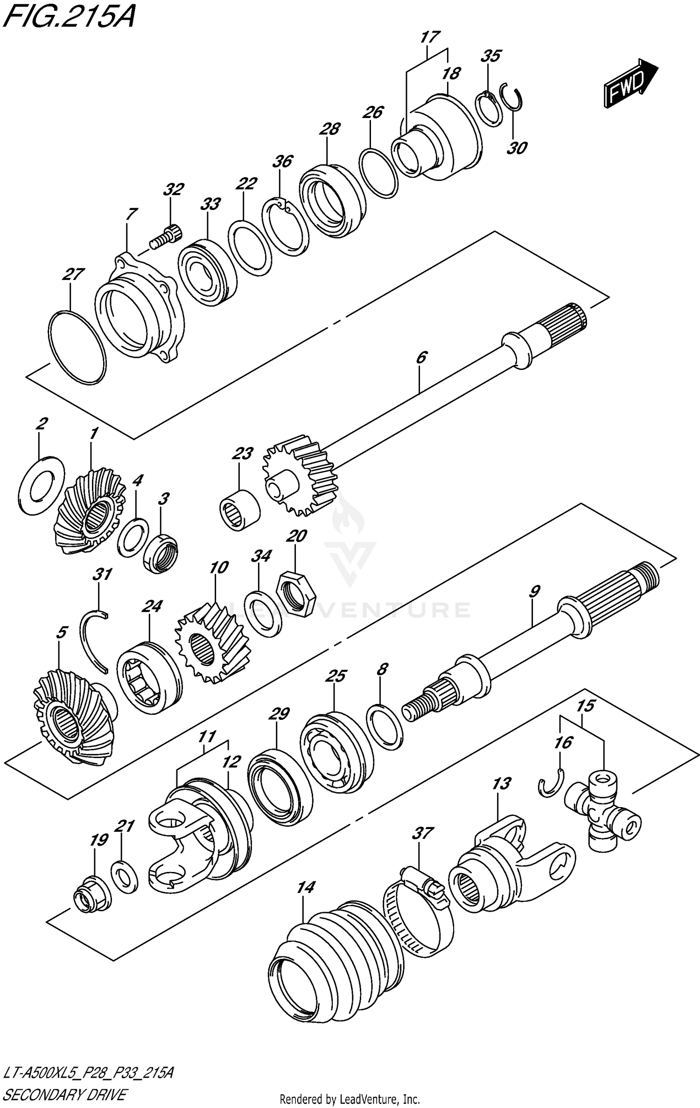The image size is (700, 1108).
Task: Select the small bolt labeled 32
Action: coord(167,235)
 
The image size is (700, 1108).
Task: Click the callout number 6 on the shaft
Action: coord(420,358)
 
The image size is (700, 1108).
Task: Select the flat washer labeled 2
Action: coord(42,485)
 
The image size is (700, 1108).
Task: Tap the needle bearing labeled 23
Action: coord(240,509)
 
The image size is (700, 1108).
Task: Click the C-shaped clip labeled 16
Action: coord(552,788)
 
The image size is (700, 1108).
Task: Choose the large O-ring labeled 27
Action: coord(77,347)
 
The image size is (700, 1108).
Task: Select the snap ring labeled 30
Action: coord(514,98)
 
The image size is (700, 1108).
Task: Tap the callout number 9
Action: coord(534,592)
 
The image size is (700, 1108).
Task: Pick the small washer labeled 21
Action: coord(124,876)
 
